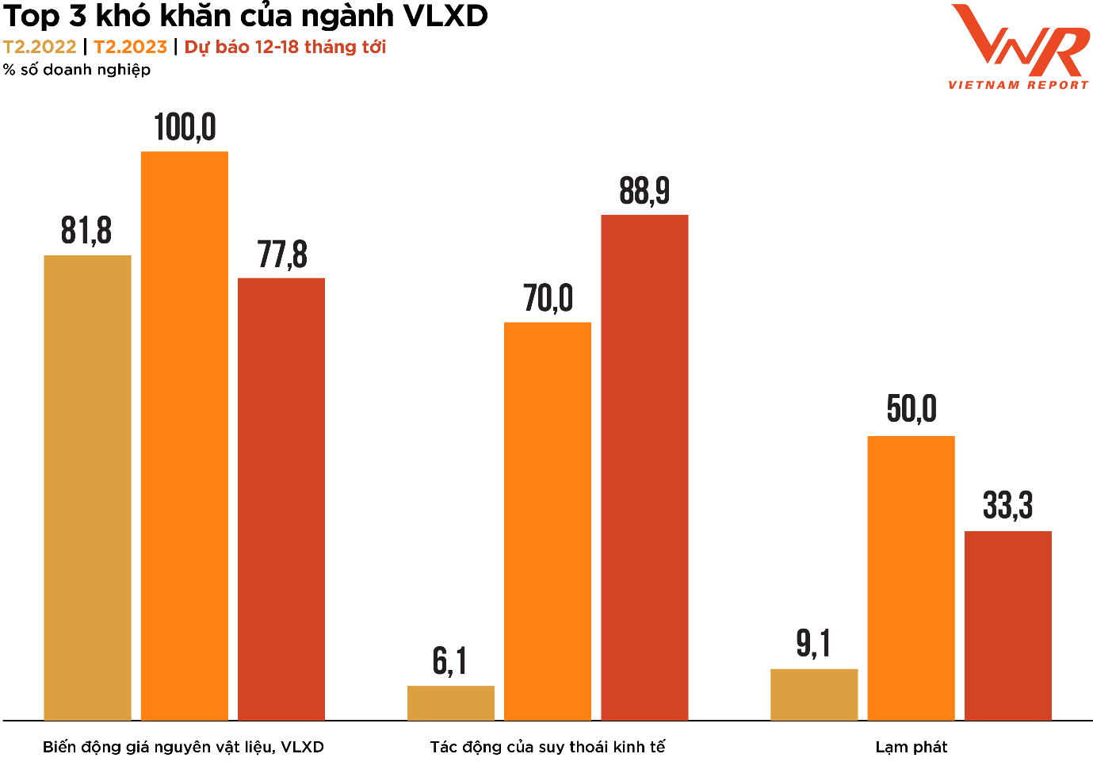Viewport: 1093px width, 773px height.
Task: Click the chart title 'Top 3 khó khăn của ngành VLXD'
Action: pyautogui.click(x=246, y=16)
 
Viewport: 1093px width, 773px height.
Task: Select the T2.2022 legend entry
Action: pyautogui.click(x=40, y=47)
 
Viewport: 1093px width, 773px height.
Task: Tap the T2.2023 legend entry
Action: pyautogui.click(x=131, y=47)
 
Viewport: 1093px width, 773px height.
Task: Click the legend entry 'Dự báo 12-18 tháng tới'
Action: pyautogui.click(x=285, y=47)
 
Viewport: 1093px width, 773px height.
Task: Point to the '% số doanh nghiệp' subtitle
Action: pyautogui.click(x=77, y=70)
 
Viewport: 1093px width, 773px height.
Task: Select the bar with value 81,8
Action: pyautogui.click(x=87, y=488)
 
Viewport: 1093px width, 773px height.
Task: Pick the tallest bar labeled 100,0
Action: pyautogui.click(x=185, y=436)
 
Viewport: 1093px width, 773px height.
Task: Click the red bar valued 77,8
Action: pyautogui.click(x=281, y=499)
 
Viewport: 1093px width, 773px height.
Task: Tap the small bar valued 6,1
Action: pyautogui.click(x=451, y=703)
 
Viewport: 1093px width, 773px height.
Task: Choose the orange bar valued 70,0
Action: pyautogui.click(x=548, y=521)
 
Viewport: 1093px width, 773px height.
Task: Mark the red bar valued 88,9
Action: pyautogui.click(x=644, y=468)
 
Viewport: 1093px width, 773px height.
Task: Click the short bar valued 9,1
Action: pyautogui.click(x=814, y=695)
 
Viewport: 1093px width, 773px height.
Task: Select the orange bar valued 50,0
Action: pyautogui.click(x=911, y=578)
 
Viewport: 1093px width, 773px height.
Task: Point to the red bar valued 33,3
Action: pyautogui.click(x=1008, y=626)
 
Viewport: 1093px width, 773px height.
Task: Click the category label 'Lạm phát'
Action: pyautogui.click(x=911, y=747)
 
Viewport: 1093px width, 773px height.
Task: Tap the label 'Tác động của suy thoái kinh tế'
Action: pyautogui.click(x=548, y=747)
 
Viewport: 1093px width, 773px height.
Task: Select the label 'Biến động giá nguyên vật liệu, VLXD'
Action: pyautogui.click(x=183, y=747)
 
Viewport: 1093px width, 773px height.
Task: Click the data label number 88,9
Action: pyautogui.click(x=644, y=191)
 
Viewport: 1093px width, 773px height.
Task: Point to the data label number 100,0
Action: pyautogui.click(x=185, y=128)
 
